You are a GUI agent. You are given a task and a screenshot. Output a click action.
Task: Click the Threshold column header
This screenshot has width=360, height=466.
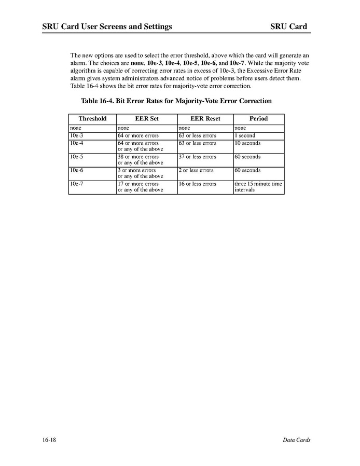coord(92,119)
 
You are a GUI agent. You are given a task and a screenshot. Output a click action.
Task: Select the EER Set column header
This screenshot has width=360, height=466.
coord(147,119)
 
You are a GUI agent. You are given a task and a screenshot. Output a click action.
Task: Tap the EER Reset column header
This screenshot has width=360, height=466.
coord(205,119)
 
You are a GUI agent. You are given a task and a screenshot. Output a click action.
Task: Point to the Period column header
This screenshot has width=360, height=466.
coord(258,119)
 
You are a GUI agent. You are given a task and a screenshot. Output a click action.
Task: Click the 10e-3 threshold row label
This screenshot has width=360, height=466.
coord(76,136)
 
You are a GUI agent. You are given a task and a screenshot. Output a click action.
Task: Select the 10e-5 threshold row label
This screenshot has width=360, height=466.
coord(76,157)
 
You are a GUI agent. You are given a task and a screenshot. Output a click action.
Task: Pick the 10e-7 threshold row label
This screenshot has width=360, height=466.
coord(76,184)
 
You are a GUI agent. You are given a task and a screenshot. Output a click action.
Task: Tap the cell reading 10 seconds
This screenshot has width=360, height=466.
coord(247,143)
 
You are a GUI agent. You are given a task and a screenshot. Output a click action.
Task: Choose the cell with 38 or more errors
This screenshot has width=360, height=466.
coord(138,157)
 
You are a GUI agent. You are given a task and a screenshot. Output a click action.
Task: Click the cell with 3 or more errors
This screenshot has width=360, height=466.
coord(136,170)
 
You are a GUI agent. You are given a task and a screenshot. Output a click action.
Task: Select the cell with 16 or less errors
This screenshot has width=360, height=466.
coord(197,184)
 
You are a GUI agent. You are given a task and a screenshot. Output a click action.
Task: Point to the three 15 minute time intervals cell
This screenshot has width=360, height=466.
coord(258,187)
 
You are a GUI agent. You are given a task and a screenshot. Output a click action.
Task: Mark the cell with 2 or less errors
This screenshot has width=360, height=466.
coord(196,170)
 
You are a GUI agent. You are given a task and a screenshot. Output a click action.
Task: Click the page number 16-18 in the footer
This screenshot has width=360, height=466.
coord(50,440)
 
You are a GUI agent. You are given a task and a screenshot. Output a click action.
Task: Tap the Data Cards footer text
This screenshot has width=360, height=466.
coord(297,440)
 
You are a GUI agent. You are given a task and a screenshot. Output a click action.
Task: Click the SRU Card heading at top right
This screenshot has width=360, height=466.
coord(288,26)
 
